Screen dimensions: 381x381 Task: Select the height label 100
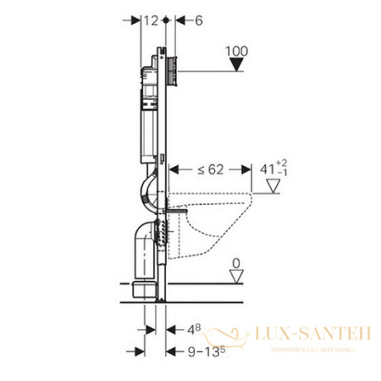[238, 52]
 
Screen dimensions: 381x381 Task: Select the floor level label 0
[238, 264]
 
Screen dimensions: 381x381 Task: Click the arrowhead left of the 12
[136, 19]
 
